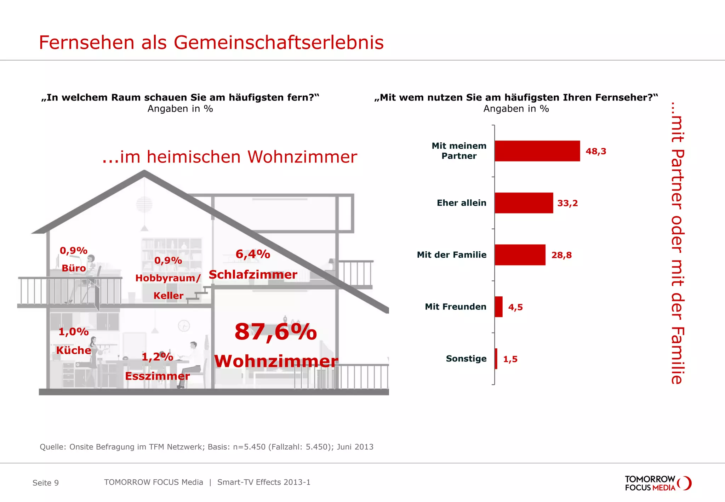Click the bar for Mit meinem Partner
[x=537, y=151]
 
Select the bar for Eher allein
[x=524, y=203]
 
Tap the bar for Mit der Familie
[x=520, y=255]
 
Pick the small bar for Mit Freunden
[x=498, y=307]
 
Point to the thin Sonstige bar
[x=496, y=359]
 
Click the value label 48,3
[x=596, y=151]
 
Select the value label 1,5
[x=510, y=359]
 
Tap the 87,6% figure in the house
[x=275, y=332]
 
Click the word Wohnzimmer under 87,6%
[x=276, y=361]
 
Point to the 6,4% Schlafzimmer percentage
[x=253, y=254]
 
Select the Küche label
[x=74, y=350]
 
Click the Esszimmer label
[x=157, y=376]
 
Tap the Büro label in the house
[x=74, y=268]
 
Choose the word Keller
[x=168, y=296]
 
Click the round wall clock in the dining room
[x=184, y=325]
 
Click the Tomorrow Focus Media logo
[x=658, y=483]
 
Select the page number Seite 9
[x=46, y=483]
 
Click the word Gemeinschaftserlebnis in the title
[x=279, y=42]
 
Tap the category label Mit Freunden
[x=455, y=307]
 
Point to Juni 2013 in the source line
[x=355, y=447]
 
